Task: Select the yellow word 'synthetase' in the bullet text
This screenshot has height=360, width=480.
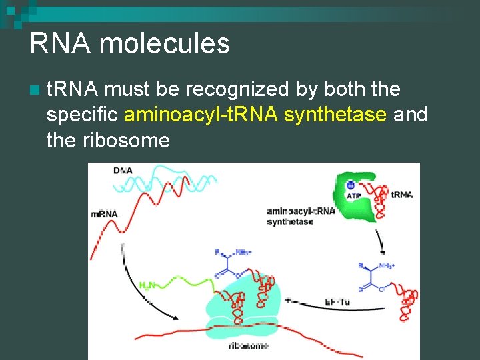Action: click(x=335, y=115)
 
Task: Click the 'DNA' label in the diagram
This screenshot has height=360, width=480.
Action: click(x=123, y=171)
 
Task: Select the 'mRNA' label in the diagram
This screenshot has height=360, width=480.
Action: click(x=104, y=213)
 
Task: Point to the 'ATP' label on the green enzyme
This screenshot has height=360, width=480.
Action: click(x=354, y=196)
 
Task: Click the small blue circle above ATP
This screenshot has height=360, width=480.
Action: click(x=350, y=187)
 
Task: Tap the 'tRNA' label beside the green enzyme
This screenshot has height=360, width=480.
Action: click(x=401, y=195)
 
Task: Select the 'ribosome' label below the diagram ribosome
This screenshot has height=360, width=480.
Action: click(x=248, y=345)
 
